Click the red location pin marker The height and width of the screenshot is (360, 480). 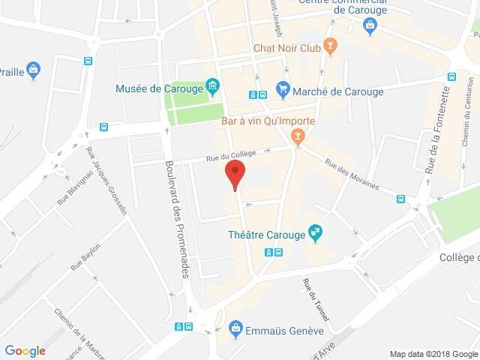coord(235,174)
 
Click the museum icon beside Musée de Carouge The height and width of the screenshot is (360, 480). coord(212,88)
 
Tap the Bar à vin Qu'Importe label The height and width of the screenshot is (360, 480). coord(267,121)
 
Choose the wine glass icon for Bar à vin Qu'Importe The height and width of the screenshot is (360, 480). coord(298,135)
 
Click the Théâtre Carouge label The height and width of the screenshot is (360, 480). coord(266,234)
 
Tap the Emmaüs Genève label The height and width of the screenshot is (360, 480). coord(286,329)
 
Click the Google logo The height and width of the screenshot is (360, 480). coord(25,350)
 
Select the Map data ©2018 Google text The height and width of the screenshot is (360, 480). coord(433,353)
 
